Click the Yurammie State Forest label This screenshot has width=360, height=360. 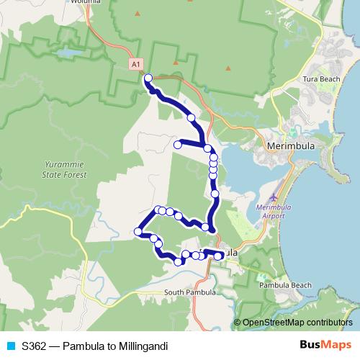tap(64, 170)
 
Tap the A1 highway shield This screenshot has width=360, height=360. tap(135, 65)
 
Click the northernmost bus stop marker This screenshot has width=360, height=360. tap(148, 78)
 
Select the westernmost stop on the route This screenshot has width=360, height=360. tap(138, 231)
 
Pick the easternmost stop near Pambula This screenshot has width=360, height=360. tap(219, 256)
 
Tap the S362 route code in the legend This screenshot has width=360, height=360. tap(34, 346)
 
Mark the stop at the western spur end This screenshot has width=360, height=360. tap(177, 145)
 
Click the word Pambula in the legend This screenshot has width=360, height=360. tap(82, 346)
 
